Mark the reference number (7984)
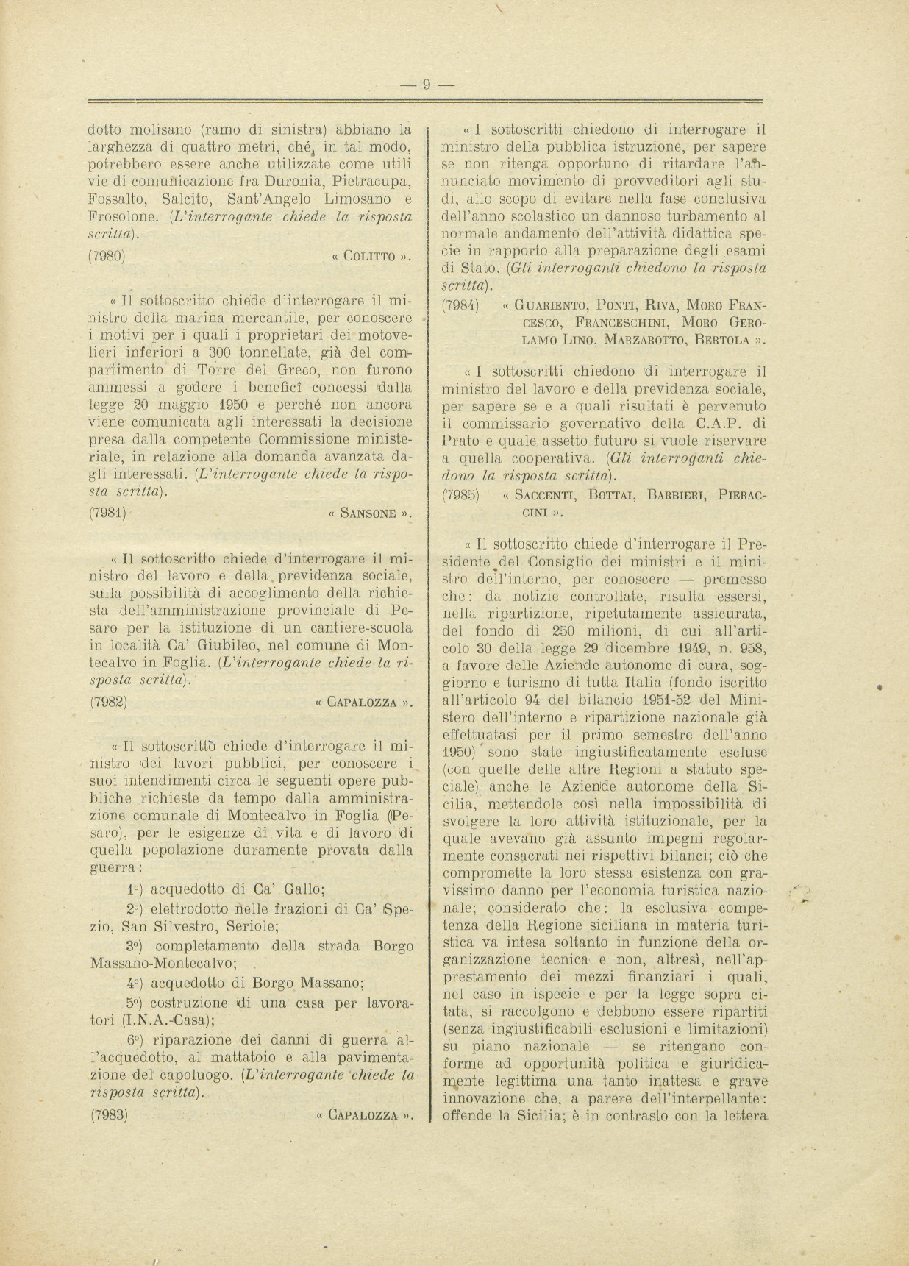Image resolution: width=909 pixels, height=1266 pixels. pos(460,305)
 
